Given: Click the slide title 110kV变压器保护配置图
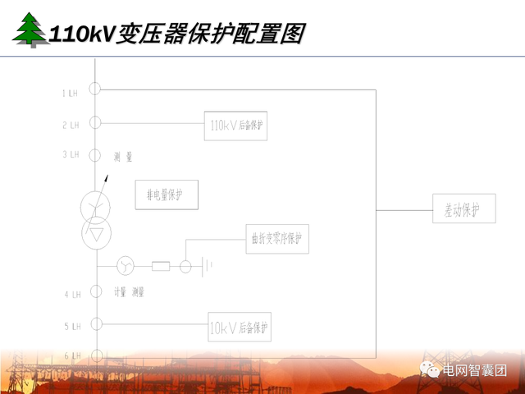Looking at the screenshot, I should (176, 34).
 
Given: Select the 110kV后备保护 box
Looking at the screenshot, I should (235, 125).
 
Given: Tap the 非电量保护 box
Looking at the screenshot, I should (167, 195).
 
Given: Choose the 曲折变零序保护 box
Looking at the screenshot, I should (277, 239).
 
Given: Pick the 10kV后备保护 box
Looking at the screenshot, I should (239, 328).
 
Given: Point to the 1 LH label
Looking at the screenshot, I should (70, 94).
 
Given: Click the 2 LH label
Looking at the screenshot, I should (70, 125).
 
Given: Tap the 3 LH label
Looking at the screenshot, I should (70, 154).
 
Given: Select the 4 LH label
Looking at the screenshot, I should (71, 294).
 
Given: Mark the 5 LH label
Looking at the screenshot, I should (71, 326).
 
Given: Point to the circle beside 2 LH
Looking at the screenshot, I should (95, 122).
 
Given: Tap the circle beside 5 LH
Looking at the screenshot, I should (96, 324).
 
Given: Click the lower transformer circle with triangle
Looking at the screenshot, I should (96, 233).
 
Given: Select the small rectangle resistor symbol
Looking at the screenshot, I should (161, 266).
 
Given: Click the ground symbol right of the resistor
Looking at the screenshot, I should (208, 265).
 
